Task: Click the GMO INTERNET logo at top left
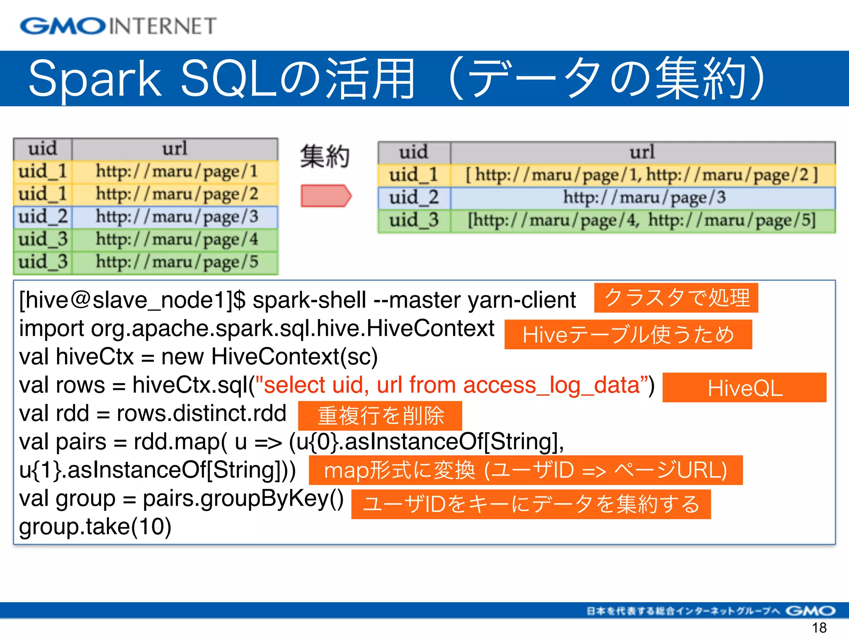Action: (118, 26)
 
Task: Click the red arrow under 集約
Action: (326, 196)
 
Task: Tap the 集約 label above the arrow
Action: (325, 157)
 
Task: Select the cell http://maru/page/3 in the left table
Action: (177, 217)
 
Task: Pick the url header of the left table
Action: (175, 149)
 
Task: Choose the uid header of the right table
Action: (413, 152)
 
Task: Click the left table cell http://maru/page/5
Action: (177, 262)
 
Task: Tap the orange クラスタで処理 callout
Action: (676, 298)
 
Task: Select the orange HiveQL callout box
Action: (744, 388)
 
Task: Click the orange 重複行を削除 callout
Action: (380, 416)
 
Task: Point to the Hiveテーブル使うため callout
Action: (628, 334)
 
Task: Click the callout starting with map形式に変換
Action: (525, 470)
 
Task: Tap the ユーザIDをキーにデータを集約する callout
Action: (531, 504)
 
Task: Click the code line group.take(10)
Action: (95, 527)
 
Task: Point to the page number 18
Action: (819, 628)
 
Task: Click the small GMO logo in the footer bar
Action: (810, 610)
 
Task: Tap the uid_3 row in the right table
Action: (606, 221)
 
